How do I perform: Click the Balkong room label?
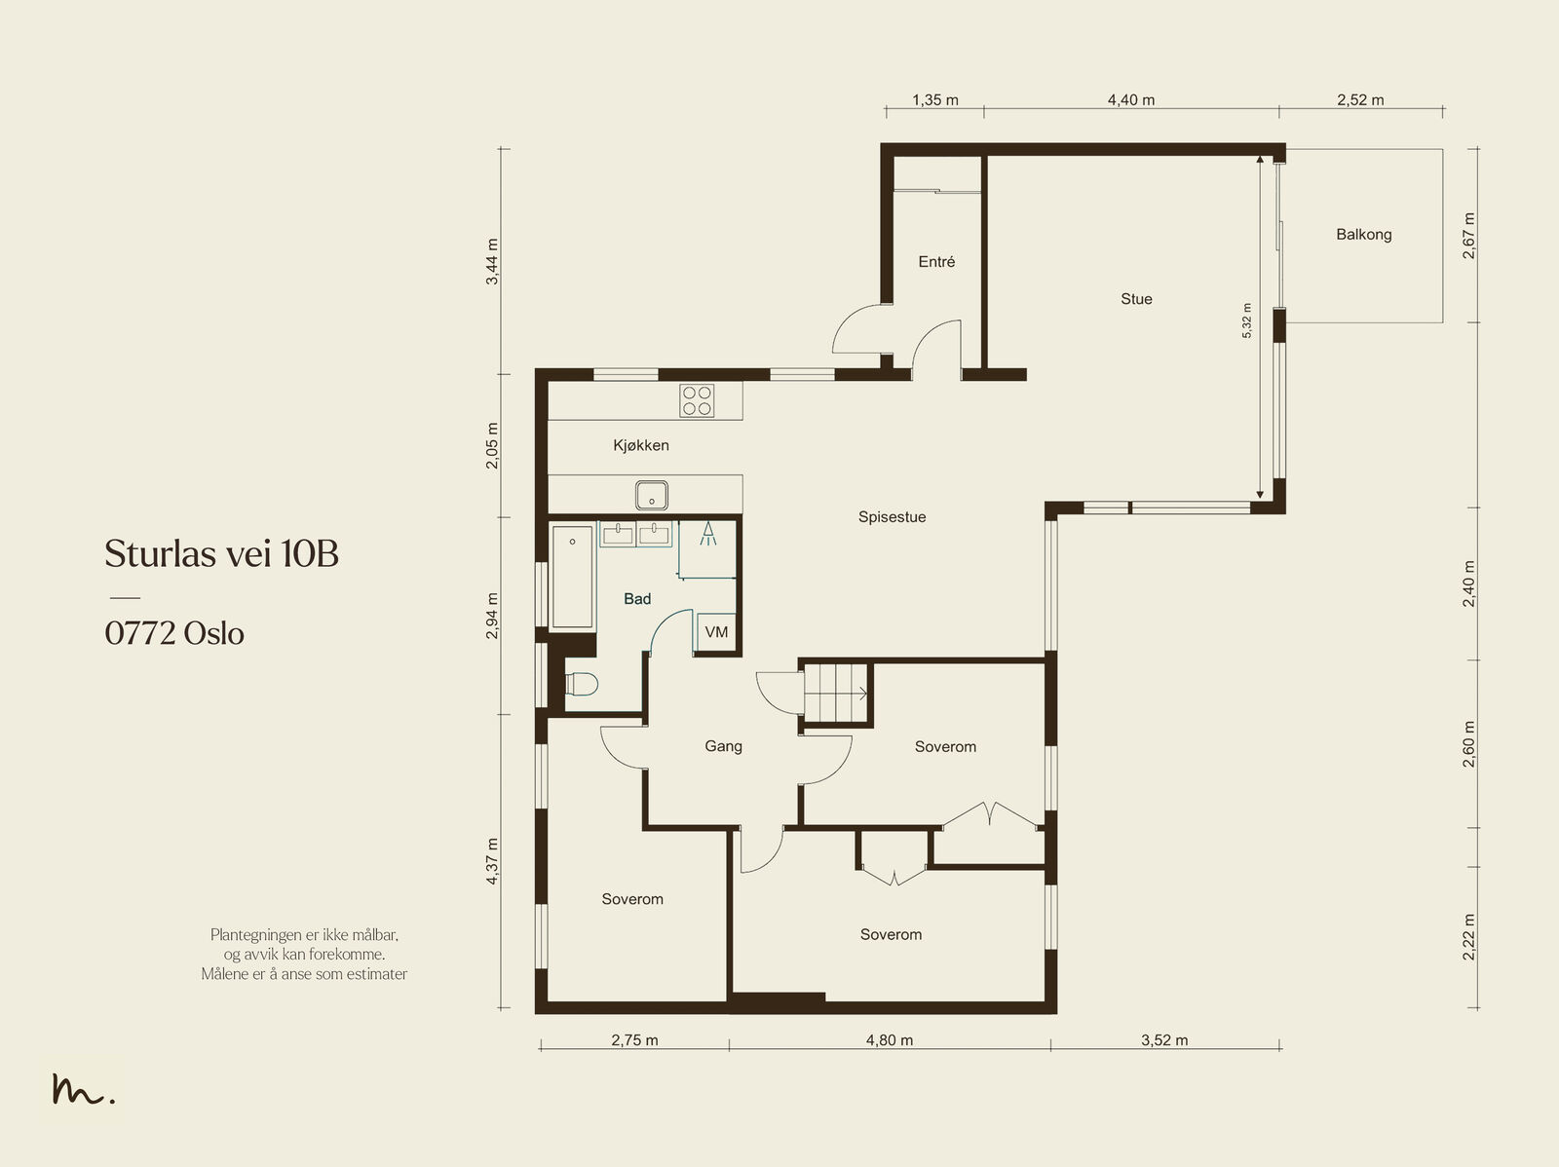coord(1364,234)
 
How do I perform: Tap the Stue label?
coord(1136,299)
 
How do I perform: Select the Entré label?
coord(936,262)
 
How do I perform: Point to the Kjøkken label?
coord(640,445)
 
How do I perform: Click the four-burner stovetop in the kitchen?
coord(697,400)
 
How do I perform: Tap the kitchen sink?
coord(651,495)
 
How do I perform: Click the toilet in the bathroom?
coord(582,685)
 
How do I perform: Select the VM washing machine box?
coord(716,632)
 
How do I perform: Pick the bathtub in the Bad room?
coord(573,577)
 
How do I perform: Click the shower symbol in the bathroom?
coord(708,534)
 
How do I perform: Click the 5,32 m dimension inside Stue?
coord(1246,320)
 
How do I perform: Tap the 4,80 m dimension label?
coord(890,1040)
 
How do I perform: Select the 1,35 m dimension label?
coord(935,100)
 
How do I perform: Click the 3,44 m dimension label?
coord(492,261)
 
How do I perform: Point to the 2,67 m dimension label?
coord(1468,236)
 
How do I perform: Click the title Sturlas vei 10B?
coord(221,553)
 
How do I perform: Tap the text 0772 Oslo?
coord(174,633)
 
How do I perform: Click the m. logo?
coord(83,1088)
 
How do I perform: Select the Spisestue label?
coord(893,517)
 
